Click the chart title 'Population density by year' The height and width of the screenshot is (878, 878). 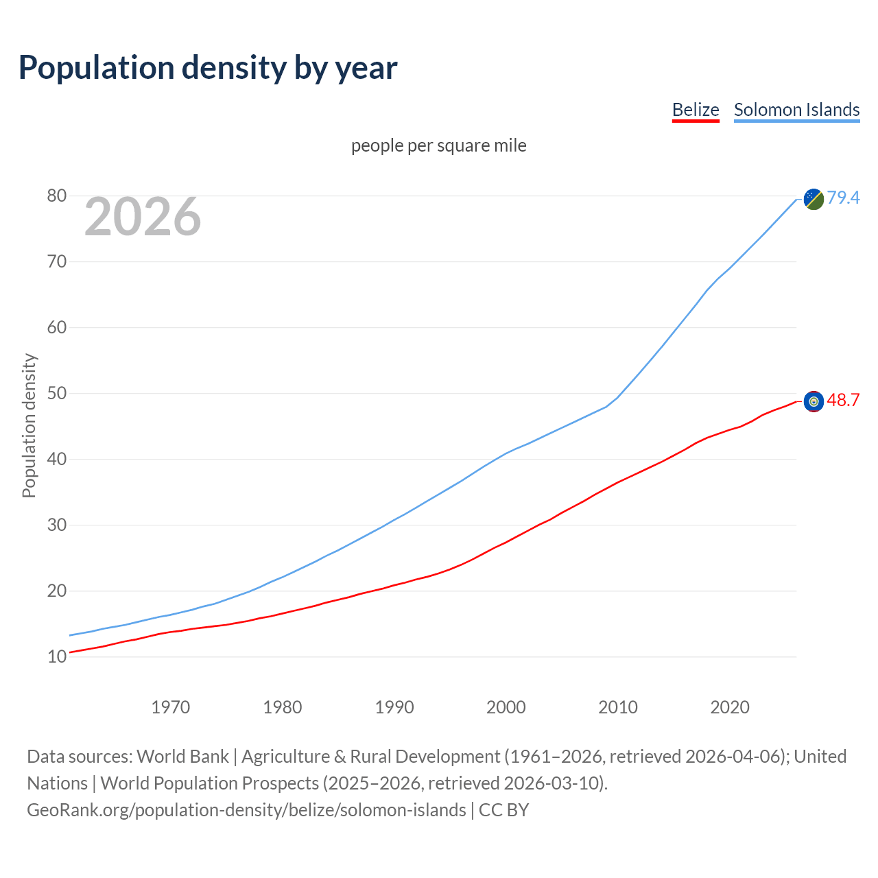click(x=208, y=67)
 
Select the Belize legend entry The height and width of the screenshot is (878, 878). click(x=696, y=110)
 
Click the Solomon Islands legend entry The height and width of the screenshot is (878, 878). click(x=796, y=110)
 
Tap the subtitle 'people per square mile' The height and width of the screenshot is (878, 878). click(x=439, y=145)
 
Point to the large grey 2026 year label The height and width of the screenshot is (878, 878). click(x=143, y=217)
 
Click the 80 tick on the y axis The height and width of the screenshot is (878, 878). click(x=57, y=196)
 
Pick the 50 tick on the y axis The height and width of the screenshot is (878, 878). click(x=57, y=394)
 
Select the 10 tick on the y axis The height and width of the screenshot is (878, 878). click(x=57, y=657)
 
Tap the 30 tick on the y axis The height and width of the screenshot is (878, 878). click(x=57, y=525)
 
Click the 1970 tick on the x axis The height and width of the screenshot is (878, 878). click(x=170, y=707)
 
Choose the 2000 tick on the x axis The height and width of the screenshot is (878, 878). click(x=506, y=707)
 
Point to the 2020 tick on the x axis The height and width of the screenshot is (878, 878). click(x=730, y=707)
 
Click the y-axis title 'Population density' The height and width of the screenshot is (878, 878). click(x=29, y=425)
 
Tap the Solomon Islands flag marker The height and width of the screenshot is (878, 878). click(x=814, y=199)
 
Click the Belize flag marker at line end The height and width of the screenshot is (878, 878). click(x=814, y=401)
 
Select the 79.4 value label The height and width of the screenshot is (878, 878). click(x=843, y=198)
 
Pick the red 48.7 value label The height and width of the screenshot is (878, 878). click(x=843, y=400)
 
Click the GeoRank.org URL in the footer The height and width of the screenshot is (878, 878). click(x=246, y=810)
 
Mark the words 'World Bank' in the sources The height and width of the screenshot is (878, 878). click(x=182, y=757)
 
